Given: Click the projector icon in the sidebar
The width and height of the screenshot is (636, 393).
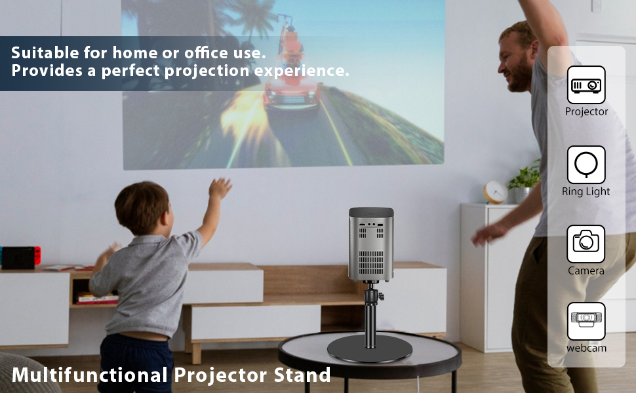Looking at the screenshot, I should point(586,85).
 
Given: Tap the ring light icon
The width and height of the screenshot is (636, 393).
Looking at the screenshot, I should point(586,164).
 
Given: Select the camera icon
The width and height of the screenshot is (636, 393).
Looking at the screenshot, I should point(586,244).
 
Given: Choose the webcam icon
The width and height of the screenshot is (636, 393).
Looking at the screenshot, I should point(586,321).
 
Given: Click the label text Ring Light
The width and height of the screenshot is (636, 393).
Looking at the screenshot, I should point(586,192).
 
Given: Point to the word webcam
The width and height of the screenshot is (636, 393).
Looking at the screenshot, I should point(586,348).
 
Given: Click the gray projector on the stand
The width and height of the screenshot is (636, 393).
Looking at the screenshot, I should point(371,244).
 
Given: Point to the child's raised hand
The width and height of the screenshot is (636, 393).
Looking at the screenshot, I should point(220,189).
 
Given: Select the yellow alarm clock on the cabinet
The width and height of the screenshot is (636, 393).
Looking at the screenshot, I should point(495,192).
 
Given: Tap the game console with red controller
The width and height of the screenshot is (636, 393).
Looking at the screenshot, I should point(20,257).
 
